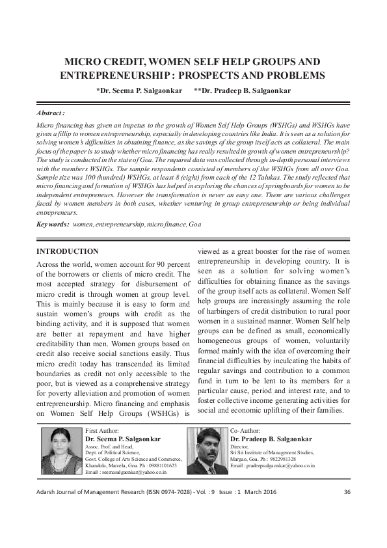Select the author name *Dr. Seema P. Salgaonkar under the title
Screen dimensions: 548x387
139,91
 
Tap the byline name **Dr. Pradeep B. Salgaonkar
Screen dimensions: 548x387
242,91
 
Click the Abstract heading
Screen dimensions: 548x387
51,113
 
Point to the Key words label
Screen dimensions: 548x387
53,224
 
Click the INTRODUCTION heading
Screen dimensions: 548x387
68,251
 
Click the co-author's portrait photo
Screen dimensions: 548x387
207,451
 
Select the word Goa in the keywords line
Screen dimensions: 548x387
194,224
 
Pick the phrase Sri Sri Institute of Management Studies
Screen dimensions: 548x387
273,452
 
